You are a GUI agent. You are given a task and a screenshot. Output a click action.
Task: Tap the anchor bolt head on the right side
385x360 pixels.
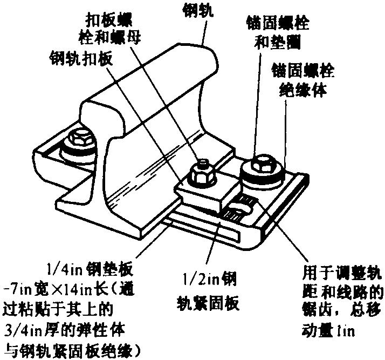tap(261, 164)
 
